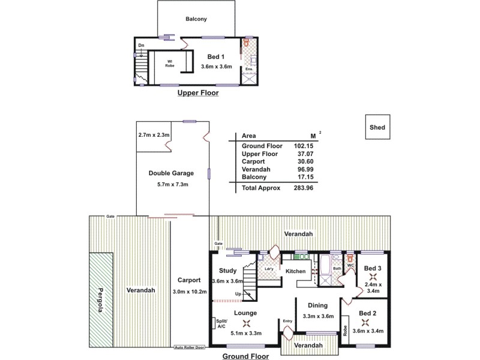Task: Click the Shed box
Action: click(377, 127)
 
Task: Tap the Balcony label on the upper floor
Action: click(196, 19)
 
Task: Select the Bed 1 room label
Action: click(208, 56)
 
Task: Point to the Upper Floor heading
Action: click(197, 94)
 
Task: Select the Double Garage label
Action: click(171, 173)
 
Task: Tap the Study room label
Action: click(227, 271)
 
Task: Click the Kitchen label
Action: click(295, 271)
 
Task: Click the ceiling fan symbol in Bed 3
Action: click(373, 277)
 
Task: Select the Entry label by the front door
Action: click(287, 320)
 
